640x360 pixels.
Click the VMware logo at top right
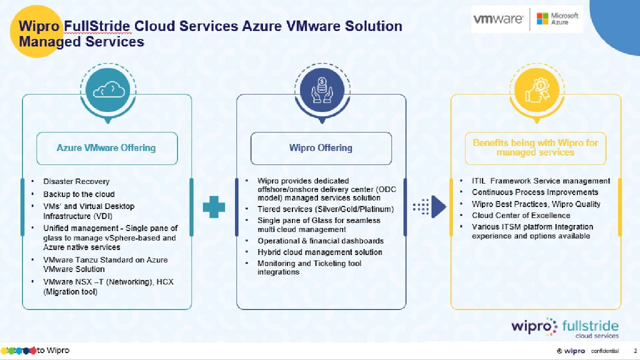point(498,19)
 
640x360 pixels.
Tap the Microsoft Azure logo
point(557,19)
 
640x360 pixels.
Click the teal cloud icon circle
point(107,90)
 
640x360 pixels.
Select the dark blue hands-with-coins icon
point(321,90)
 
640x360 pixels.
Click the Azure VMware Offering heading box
point(107,148)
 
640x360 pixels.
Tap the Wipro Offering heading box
point(321,148)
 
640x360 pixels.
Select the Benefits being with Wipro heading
point(535,147)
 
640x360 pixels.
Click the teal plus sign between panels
point(214,206)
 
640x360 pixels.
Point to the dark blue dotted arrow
point(429,206)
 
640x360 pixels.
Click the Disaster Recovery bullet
point(76,181)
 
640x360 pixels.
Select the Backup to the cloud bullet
point(79,194)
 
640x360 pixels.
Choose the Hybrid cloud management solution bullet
point(320,252)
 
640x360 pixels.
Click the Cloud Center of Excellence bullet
point(521,215)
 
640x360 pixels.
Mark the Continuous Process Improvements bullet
point(535,192)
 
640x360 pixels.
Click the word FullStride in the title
point(97,26)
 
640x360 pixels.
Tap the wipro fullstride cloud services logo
point(564,328)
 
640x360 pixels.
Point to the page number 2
point(635,351)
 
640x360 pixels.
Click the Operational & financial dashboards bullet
point(320,240)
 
